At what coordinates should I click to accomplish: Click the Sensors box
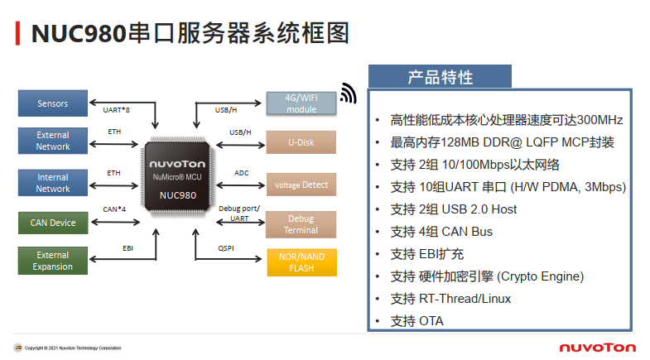53,103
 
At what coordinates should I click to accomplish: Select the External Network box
53,141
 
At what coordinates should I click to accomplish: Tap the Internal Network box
53,183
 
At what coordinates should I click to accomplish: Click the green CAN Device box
53,223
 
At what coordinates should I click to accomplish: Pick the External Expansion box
53,261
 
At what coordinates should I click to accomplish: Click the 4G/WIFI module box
301,103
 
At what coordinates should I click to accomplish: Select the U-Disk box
301,142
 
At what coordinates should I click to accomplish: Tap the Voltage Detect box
301,185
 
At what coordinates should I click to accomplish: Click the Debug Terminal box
301,224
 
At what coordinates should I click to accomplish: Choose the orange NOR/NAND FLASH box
301,262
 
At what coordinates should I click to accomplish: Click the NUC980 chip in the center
181,178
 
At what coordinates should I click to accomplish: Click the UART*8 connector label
116,109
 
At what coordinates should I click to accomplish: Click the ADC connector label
241,173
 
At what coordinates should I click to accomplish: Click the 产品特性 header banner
440,77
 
